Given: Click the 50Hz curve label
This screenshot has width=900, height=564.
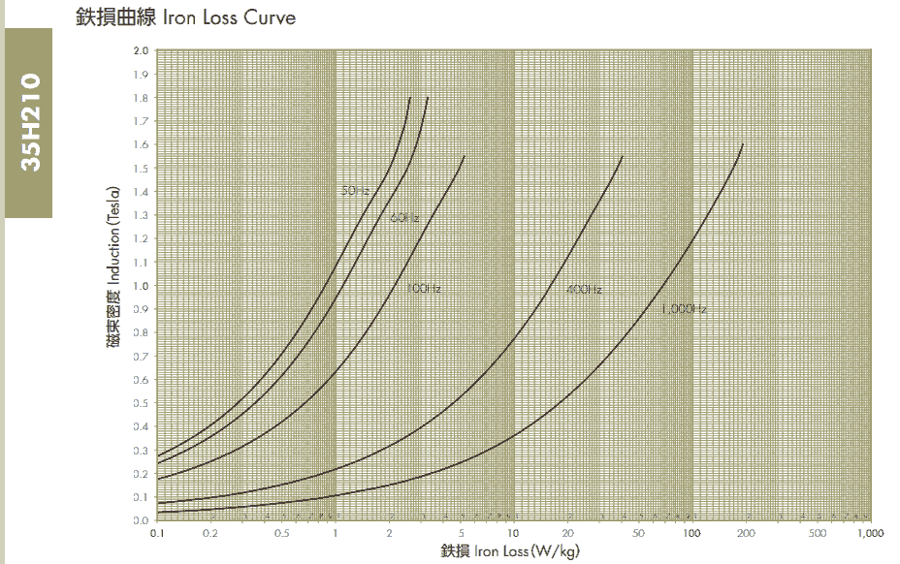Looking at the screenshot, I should (x=355, y=191).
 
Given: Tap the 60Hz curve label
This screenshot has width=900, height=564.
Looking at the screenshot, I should (x=404, y=218).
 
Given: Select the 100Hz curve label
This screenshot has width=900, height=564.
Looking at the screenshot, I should (x=424, y=289).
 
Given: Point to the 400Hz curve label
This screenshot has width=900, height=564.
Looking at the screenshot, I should (x=584, y=290).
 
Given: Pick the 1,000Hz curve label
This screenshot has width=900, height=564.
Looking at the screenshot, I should (x=684, y=310).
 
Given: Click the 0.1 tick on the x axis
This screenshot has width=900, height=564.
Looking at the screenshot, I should (x=156, y=533).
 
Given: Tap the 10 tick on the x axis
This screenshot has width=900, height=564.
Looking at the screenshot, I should (x=513, y=533).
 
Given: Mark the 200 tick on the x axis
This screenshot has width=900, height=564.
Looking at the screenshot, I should (x=745, y=533).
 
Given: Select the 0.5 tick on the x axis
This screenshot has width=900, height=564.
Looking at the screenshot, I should (x=281, y=533).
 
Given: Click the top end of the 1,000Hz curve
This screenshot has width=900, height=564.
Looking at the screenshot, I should (x=743, y=144).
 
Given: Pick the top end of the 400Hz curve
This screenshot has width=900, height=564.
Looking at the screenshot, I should (x=622, y=156).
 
